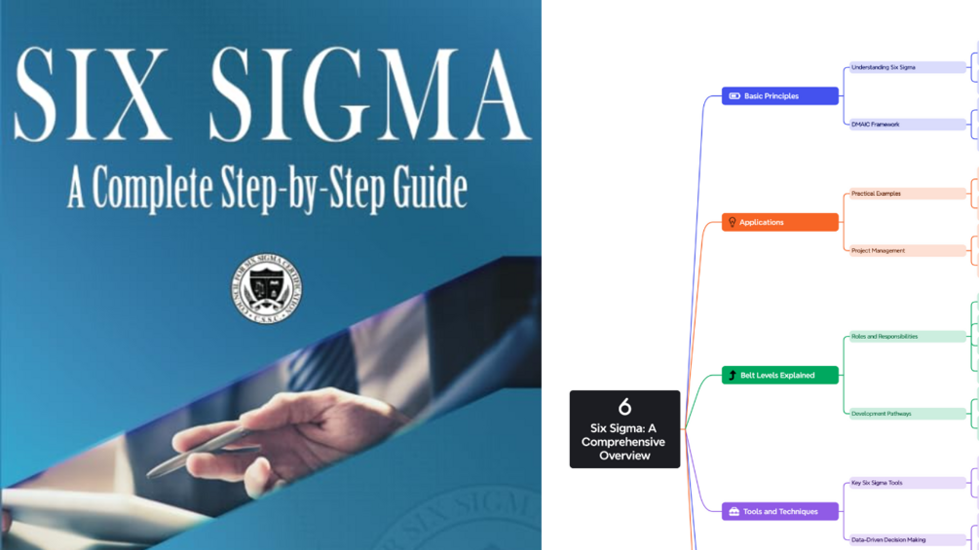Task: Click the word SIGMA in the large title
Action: pyautogui.click(x=370, y=94)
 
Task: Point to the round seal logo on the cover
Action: pyautogui.click(x=266, y=288)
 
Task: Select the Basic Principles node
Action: pyautogui.click(x=779, y=96)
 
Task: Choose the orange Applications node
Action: pyautogui.click(x=779, y=222)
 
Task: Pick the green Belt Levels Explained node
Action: pyautogui.click(x=779, y=375)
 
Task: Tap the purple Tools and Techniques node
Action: pyautogui.click(x=779, y=511)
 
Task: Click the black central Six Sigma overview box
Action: pyautogui.click(x=624, y=429)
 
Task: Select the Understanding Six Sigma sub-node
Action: pyautogui.click(x=905, y=68)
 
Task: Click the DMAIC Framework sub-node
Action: pyautogui.click(x=905, y=125)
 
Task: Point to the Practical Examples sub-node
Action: pyautogui.click(x=905, y=194)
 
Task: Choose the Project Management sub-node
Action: pyautogui.click(x=905, y=250)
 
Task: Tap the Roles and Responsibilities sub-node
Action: pyautogui.click(x=905, y=337)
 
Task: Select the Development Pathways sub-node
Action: pyautogui.click(x=905, y=414)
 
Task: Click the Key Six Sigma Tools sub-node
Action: pyautogui.click(x=905, y=483)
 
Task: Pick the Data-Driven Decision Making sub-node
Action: pyautogui.click(x=905, y=539)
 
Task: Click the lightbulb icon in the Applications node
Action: pyautogui.click(x=733, y=222)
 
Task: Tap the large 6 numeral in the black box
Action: pyautogui.click(x=624, y=407)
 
